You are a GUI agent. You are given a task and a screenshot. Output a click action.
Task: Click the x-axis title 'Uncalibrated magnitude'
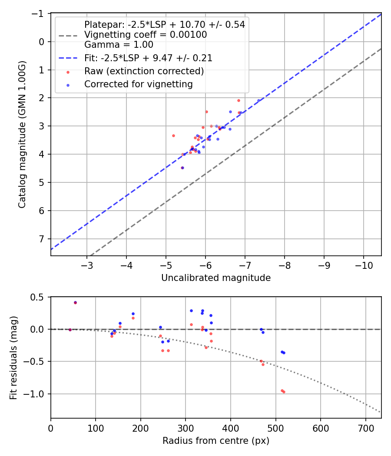[216, 278]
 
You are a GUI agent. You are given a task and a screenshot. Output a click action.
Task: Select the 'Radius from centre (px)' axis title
[216, 441]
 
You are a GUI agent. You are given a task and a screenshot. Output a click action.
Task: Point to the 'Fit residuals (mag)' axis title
[13, 357]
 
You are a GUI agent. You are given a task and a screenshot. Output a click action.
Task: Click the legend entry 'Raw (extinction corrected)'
[144, 71]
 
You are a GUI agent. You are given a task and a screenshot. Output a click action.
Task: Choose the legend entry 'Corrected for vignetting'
[139, 84]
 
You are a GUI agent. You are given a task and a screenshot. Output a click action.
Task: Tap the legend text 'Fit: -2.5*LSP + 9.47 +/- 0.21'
[148, 57]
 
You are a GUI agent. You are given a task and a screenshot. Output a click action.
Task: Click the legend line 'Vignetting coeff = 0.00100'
[146, 35]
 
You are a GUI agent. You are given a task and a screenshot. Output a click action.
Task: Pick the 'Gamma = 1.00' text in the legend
[119, 44]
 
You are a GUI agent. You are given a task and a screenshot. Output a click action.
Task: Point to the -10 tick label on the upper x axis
[364, 264]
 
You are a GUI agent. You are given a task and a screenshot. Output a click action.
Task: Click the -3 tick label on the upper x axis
[87, 264]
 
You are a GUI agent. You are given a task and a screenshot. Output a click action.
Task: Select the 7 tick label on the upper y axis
[42, 239]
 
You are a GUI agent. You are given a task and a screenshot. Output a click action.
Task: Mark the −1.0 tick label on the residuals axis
[36, 394]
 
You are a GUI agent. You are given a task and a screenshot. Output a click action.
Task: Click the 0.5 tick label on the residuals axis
[39, 297]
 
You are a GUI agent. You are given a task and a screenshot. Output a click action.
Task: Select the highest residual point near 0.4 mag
[75, 303]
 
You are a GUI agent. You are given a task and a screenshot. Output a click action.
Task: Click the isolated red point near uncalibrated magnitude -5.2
[173, 135]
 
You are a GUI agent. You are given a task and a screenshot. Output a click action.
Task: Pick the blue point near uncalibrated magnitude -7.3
[258, 100]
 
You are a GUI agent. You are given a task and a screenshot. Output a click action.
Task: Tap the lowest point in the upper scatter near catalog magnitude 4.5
[182, 168]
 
